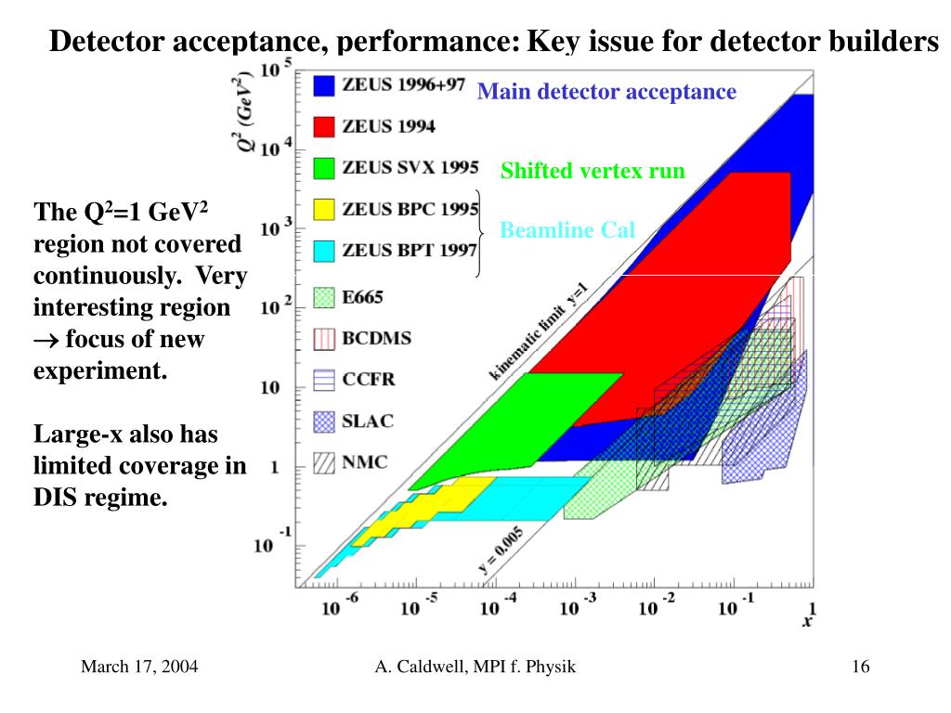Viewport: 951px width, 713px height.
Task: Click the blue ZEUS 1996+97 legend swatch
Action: [x=323, y=86]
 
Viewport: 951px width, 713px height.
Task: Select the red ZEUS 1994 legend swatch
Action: [x=323, y=126]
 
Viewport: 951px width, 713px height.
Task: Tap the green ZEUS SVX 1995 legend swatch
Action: [x=323, y=168]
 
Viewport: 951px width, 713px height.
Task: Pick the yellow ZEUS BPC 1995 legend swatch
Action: [x=323, y=209]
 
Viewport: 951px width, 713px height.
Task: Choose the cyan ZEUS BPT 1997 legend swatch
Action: [x=323, y=250]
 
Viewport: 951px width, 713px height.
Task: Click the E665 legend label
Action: [x=362, y=298]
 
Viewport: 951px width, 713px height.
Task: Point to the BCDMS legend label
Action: [x=376, y=338]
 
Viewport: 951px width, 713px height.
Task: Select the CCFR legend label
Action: [x=370, y=379]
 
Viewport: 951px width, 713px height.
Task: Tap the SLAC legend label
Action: [x=368, y=421]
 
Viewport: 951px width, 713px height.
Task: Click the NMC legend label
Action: [x=365, y=461]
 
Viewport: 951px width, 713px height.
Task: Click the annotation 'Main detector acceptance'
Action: [x=606, y=92]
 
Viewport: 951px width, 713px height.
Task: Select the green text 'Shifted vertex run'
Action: [x=593, y=171]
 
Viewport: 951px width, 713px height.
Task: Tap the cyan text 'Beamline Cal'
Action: [x=567, y=230]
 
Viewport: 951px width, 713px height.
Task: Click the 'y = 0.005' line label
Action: [x=500, y=553]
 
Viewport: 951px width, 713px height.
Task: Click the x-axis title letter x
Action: [x=807, y=620]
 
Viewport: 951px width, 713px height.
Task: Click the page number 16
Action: [x=859, y=667]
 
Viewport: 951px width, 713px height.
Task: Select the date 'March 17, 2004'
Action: [x=139, y=667]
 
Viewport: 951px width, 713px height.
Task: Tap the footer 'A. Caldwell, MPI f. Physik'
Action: [x=475, y=667]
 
